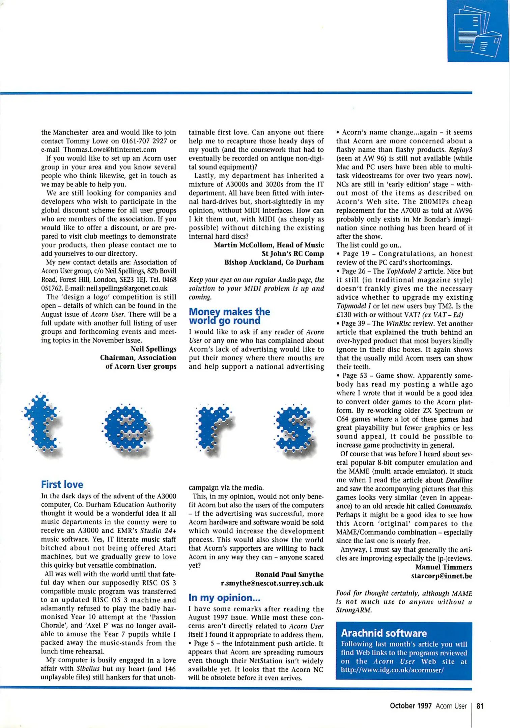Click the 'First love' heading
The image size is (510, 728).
point(62,484)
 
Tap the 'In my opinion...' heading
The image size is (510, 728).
point(224,598)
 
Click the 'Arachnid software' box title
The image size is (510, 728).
point(384,633)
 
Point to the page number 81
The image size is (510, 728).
point(480,706)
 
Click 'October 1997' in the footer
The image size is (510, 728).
point(410,706)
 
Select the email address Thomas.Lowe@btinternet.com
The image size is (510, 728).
point(110,150)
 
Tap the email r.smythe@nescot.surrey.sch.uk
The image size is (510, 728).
point(272,583)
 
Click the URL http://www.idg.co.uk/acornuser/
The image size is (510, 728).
point(392,670)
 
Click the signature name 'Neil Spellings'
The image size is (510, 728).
point(153,349)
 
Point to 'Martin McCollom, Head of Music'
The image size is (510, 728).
point(269,245)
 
